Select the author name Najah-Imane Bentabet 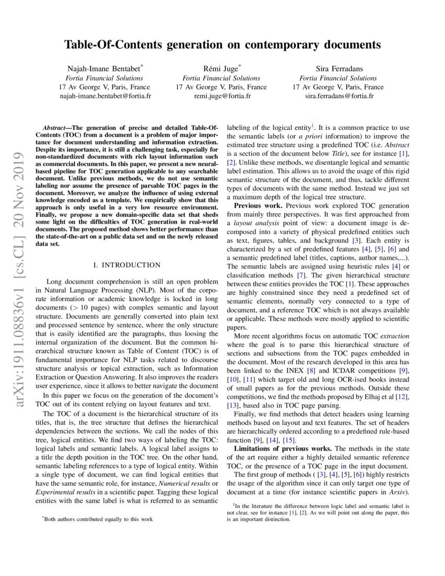coord(104,68)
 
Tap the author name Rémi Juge coord(220,68)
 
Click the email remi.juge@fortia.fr coord(221,96)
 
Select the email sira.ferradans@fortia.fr coord(338,96)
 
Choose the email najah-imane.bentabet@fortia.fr coord(105,96)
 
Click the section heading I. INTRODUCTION coord(127,265)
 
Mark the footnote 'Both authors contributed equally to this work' coord(99,519)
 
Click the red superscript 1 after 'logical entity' coord(313,125)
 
